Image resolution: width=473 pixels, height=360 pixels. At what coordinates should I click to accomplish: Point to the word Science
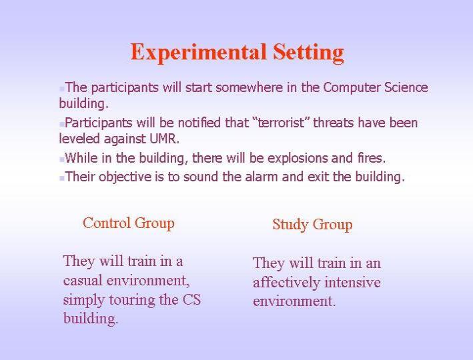click(406, 87)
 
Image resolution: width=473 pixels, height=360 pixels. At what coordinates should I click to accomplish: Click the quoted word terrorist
click(281, 123)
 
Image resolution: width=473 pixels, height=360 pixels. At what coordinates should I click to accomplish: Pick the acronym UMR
click(164, 139)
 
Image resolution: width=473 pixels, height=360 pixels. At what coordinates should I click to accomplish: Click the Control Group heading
click(129, 223)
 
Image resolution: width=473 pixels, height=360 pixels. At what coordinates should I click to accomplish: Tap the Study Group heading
click(312, 225)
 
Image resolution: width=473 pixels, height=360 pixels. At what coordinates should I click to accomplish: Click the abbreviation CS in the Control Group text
click(191, 299)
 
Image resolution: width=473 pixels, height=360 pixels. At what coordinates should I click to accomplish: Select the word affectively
click(286, 283)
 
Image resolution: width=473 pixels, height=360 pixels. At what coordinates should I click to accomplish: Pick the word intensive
click(352, 282)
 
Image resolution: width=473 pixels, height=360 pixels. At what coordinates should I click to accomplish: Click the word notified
click(199, 123)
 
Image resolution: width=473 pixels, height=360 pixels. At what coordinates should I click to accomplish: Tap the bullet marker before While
click(62, 159)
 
